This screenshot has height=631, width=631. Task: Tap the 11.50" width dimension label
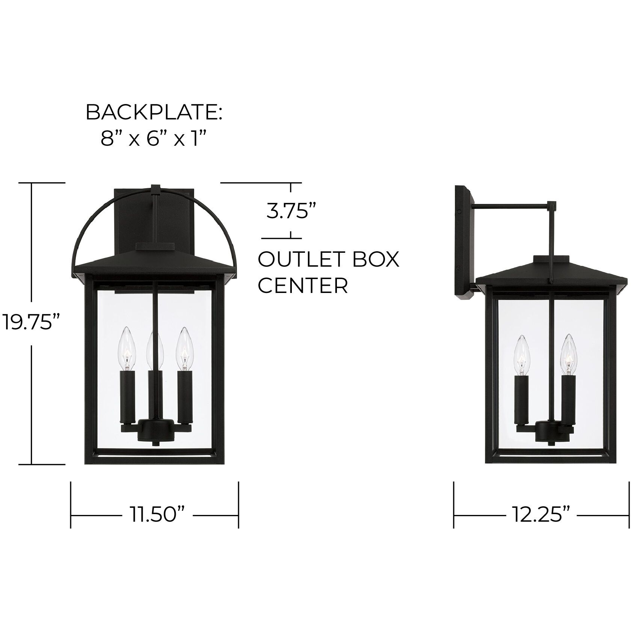coord(158,515)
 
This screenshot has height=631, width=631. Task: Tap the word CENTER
coord(303,286)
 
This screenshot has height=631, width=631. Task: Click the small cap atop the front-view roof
coord(155,246)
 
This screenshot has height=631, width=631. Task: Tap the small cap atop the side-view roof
coord(551,260)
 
